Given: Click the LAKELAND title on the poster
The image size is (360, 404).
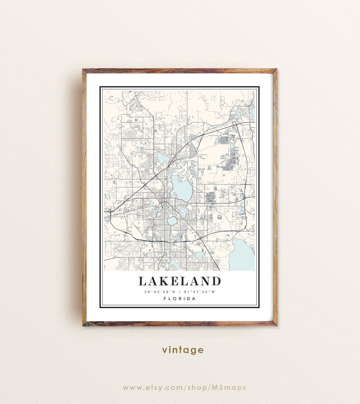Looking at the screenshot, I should pos(180,281).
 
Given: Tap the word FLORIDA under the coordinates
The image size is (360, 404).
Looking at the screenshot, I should pos(180,299).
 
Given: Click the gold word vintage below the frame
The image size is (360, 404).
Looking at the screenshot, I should pos(183,350).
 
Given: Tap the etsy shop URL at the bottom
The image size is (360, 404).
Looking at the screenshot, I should pos(184,387).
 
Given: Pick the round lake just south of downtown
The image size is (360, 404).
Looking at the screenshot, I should pos(173,221).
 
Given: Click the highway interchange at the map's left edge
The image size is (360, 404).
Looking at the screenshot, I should pos(110,211).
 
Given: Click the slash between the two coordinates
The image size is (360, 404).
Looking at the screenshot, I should pos(180,292).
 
